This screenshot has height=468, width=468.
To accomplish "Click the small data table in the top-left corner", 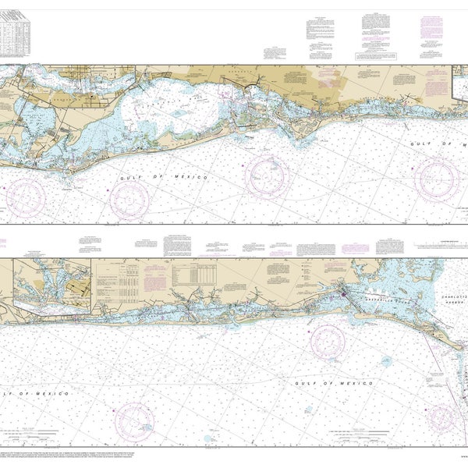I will (16, 35).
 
